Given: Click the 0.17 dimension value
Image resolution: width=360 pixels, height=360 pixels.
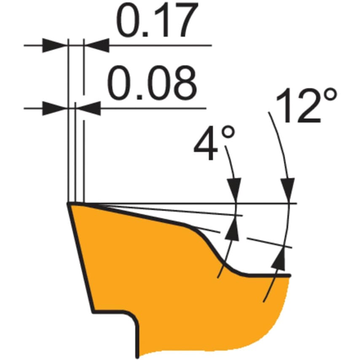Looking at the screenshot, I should click(x=157, y=20).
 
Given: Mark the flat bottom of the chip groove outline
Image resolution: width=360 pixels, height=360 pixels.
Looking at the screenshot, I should click(x=268, y=275).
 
